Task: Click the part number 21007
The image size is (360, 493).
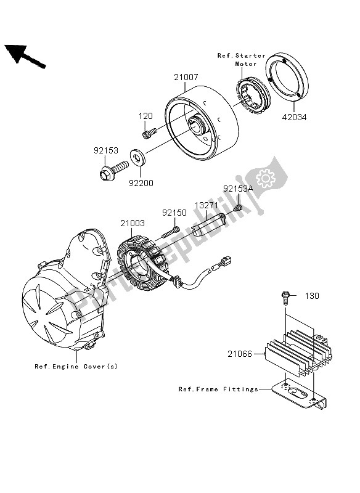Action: [186, 77]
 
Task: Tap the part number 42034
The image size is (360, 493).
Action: [294, 117]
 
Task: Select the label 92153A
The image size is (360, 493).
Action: [238, 189]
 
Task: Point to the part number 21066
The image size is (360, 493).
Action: [240, 354]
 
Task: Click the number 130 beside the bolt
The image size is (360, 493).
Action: [312, 296]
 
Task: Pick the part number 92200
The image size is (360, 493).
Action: [141, 183]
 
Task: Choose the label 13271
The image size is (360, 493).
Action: [207, 206]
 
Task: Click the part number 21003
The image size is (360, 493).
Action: [133, 223]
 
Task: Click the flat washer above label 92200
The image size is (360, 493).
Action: [137, 157]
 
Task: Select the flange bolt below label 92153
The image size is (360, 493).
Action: [113, 170]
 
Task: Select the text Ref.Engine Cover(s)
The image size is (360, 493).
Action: [76, 366]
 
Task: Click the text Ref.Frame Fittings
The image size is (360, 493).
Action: [218, 389]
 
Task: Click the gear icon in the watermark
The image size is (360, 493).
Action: [266, 178]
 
